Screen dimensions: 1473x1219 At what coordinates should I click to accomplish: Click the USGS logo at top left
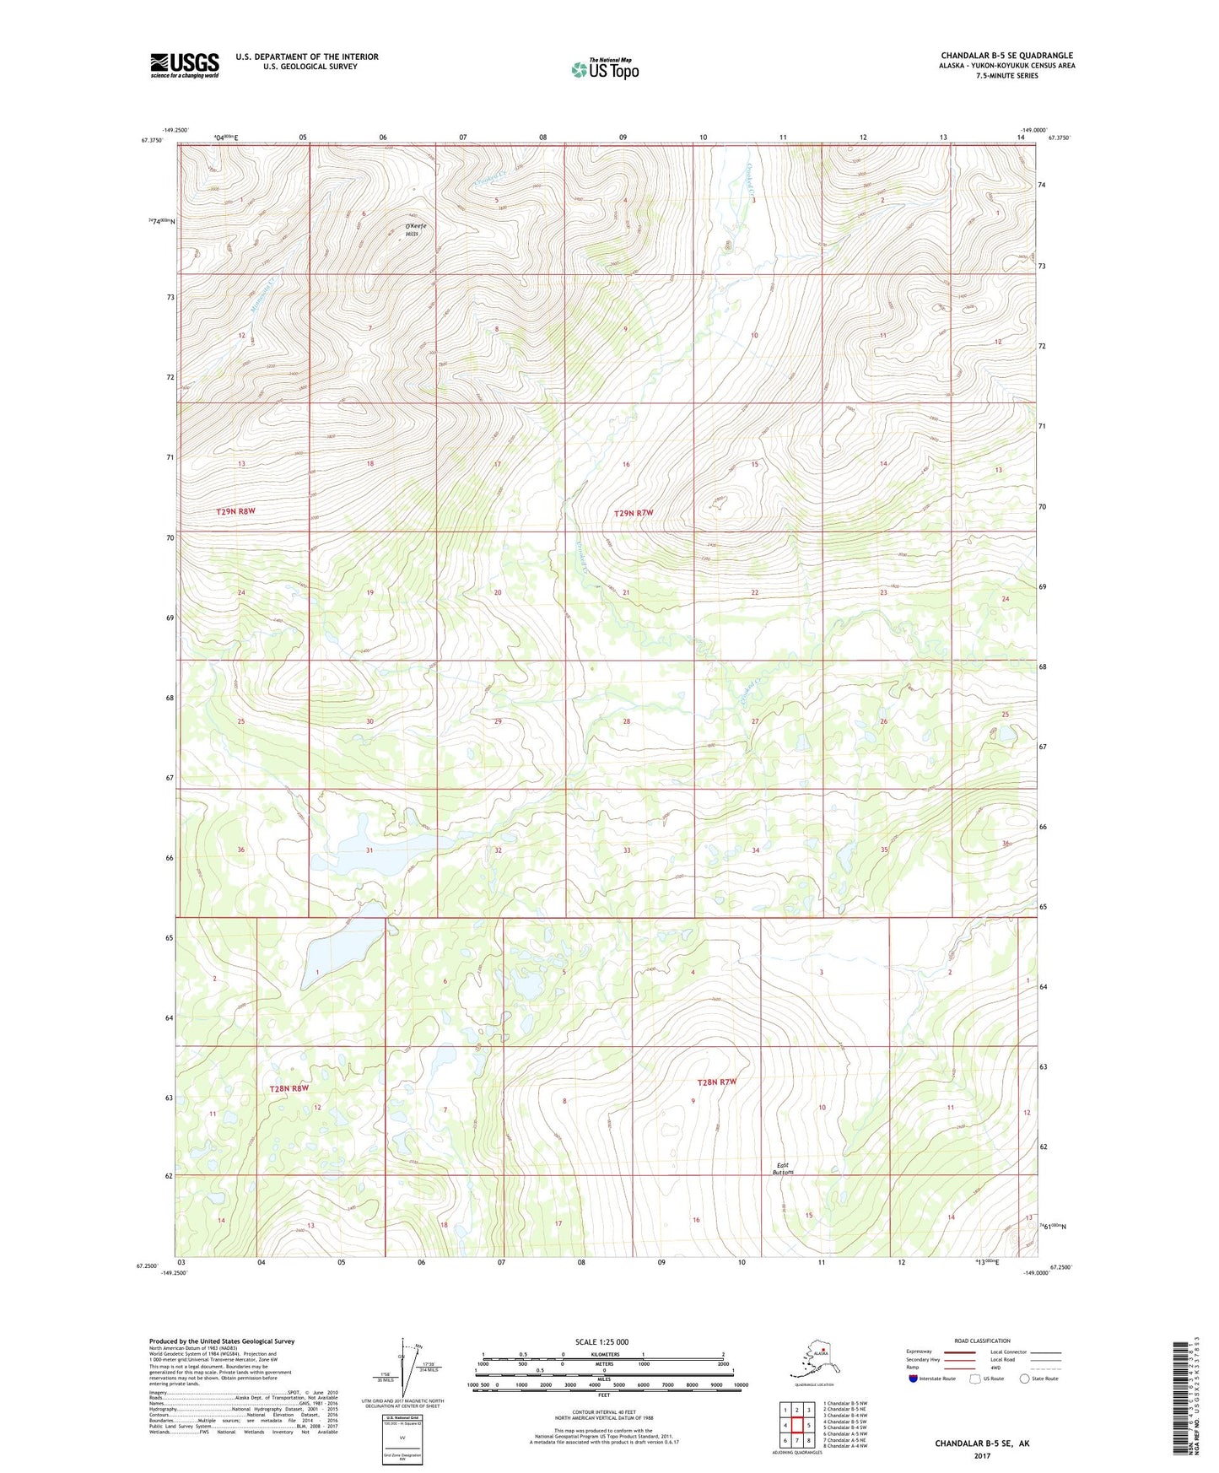click(184, 65)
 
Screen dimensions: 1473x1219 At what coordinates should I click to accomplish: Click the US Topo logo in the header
click(605, 68)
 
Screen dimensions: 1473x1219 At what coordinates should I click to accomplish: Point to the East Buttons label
click(784, 1168)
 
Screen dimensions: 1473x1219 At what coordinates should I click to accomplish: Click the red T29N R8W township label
click(236, 511)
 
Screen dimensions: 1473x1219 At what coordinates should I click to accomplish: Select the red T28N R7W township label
click(717, 1082)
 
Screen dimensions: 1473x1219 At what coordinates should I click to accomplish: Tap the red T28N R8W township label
click(290, 1088)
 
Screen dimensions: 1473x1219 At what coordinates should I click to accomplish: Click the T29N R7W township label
click(634, 513)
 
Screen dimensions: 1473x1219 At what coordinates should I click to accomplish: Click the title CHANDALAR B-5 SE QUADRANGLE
click(1006, 56)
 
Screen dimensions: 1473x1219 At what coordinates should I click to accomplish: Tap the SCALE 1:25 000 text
click(602, 1341)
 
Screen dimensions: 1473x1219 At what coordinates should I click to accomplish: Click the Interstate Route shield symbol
click(914, 1379)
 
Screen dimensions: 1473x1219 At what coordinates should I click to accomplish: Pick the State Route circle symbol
click(1025, 1379)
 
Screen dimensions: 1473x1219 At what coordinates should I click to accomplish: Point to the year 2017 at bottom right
click(981, 1456)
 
